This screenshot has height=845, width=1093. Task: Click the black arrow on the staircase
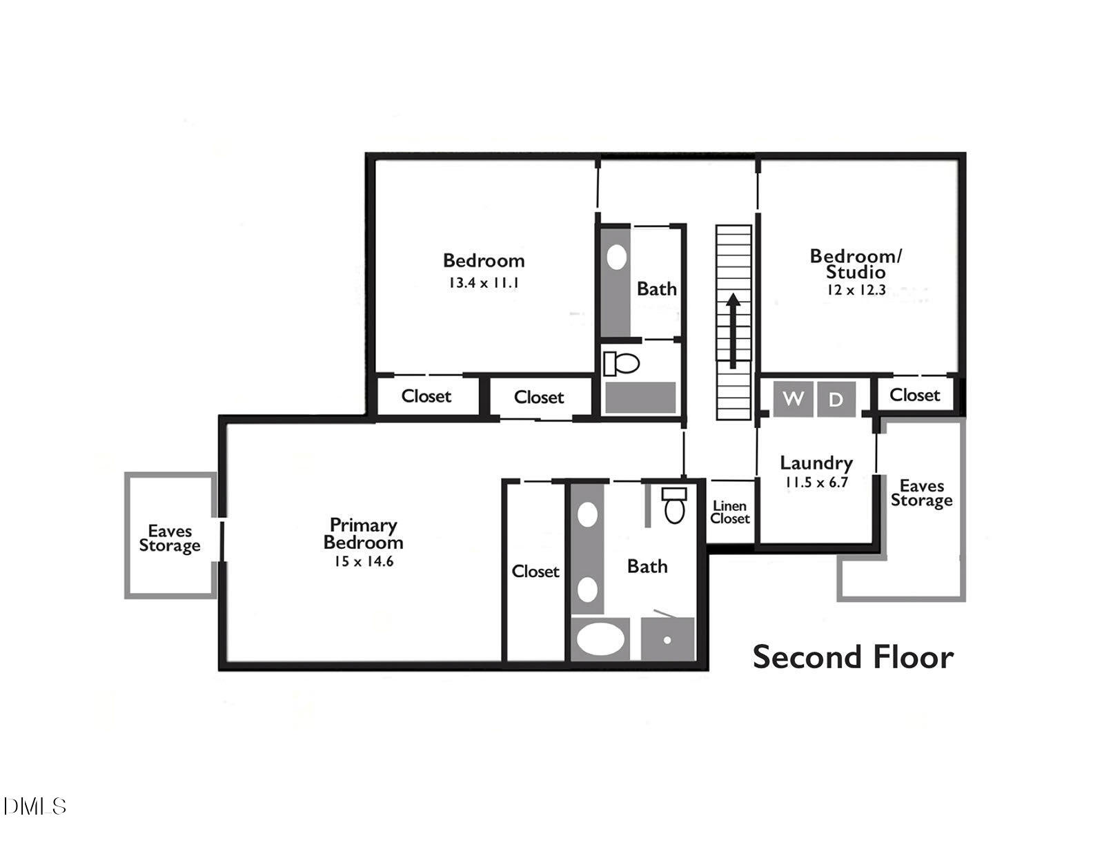[733, 330]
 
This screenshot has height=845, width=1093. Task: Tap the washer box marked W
[793, 399]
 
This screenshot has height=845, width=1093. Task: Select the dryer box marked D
[836, 399]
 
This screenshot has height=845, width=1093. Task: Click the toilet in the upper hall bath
[622, 363]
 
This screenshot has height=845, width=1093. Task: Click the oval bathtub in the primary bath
[600, 639]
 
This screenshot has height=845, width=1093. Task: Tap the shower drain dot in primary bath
[667, 640]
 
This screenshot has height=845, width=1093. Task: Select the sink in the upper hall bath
[616, 258]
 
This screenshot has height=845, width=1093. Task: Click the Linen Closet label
[729, 512]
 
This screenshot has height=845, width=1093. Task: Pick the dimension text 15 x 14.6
[364, 561]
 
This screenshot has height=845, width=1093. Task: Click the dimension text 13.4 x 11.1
[483, 282]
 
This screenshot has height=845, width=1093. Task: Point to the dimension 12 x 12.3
[856, 290]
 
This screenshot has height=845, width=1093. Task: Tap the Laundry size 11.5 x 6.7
[816, 482]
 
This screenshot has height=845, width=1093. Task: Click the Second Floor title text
[853, 657]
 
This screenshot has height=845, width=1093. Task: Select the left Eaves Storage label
[170, 538]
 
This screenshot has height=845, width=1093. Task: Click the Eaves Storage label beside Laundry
[921, 493]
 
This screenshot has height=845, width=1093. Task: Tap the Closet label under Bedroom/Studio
[914, 395]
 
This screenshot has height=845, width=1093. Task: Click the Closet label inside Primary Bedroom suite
[535, 572]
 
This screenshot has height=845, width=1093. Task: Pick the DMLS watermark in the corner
[35, 806]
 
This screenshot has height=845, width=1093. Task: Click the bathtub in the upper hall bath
[640, 398]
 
